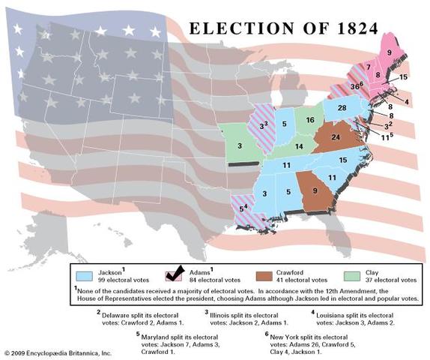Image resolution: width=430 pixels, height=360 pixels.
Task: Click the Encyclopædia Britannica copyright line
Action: click(x=58, y=352)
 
